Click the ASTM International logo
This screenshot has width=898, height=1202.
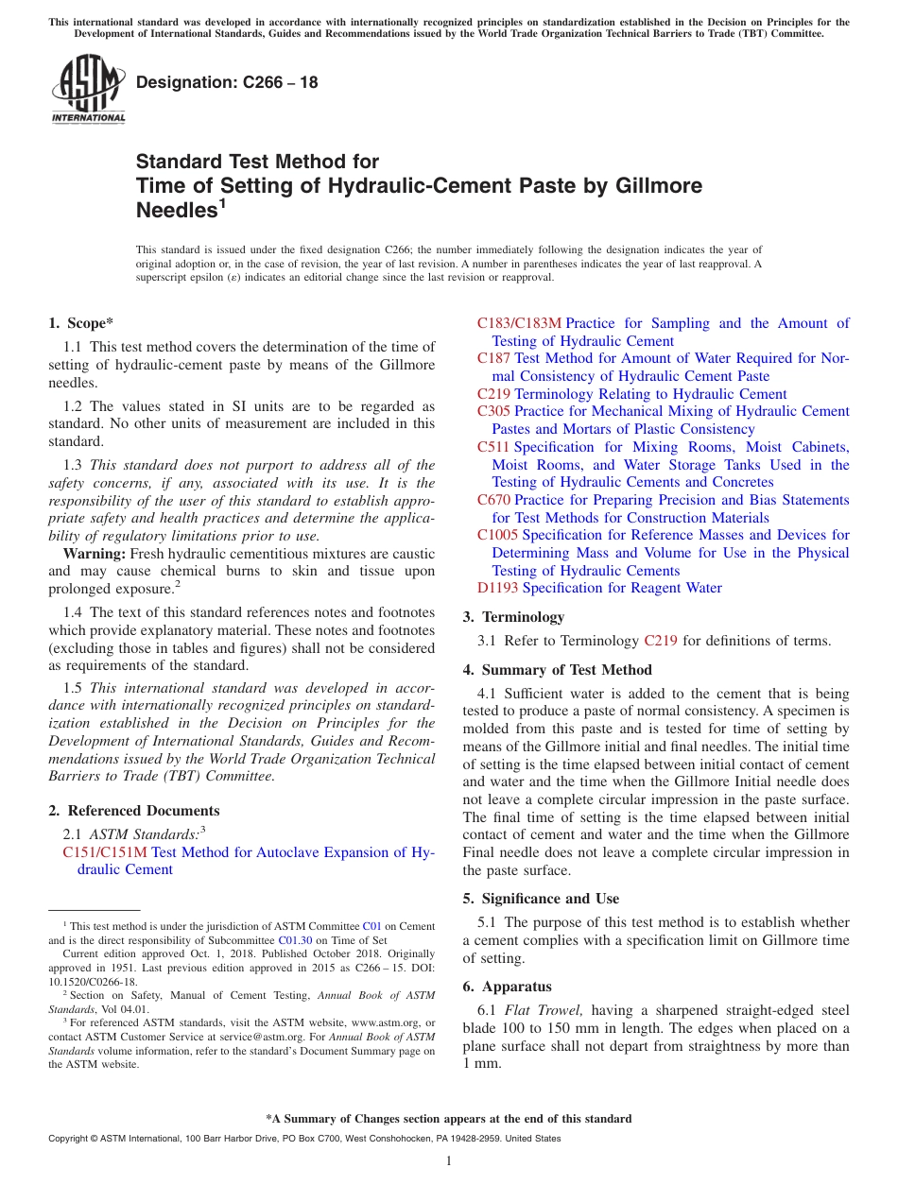88,90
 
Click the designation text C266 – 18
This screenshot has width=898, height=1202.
227,82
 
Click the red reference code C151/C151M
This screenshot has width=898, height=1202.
105,852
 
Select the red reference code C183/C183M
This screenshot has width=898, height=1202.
519,323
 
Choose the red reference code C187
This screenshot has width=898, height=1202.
493,358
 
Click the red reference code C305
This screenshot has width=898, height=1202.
493,411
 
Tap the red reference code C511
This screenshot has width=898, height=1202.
493,447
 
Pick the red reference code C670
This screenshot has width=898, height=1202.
493,500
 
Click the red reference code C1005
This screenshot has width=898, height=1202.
497,535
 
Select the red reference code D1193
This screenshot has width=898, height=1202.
497,588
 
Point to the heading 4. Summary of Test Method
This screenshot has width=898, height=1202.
557,670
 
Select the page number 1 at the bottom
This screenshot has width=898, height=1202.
449,1160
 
